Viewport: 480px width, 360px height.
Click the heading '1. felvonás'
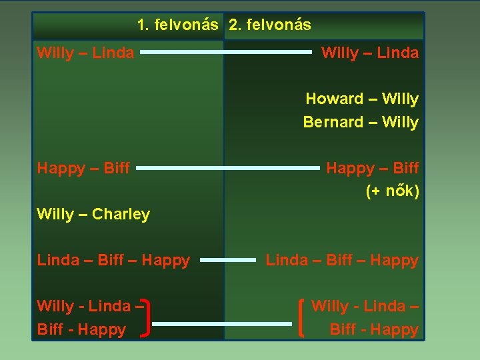(x=177, y=25)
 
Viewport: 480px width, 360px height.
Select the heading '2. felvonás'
(x=269, y=25)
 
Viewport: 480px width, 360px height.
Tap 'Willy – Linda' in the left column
(x=85, y=53)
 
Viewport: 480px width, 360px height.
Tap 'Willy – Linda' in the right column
(x=370, y=53)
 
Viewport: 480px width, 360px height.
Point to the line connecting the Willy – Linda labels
(x=226, y=51)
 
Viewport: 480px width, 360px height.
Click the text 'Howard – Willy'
(x=362, y=99)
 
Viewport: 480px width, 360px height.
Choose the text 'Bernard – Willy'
(x=361, y=122)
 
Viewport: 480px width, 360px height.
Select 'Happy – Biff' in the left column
(x=83, y=168)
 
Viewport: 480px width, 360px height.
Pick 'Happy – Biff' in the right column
(x=372, y=168)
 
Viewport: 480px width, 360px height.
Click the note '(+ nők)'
(x=393, y=191)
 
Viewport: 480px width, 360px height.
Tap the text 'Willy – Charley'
(x=93, y=214)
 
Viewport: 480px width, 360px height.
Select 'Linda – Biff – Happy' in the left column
(x=113, y=260)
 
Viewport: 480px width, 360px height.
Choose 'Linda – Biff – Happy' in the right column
(x=342, y=260)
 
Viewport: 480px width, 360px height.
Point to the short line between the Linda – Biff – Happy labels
(x=228, y=260)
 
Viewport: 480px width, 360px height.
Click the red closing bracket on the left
(x=147, y=317)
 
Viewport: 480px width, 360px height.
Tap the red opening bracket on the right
(x=303, y=317)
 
